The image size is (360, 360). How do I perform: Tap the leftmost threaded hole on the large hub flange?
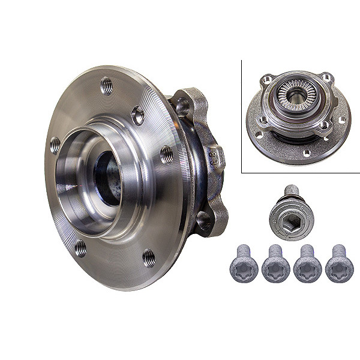pyautogui.click(x=55, y=144)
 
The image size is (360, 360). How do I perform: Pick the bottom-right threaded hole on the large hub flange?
pyautogui.click(x=148, y=257)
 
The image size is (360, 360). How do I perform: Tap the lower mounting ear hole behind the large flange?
pyautogui.click(x=204, y=222)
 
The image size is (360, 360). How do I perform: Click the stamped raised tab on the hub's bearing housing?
pyautogui.click(x=213, y=157)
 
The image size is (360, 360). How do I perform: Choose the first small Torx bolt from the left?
pyautogui.click(x=244, y=265)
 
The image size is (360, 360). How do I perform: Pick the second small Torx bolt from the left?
pyautogui.click(x=275, y=265)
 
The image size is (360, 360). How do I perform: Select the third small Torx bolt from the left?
pyautogui.click(x=307, y=265)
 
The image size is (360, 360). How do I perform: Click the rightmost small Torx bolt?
pyautogui.click(x=339, y=265)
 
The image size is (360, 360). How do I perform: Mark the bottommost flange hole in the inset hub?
pyautogui.click(x=307, y=154)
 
